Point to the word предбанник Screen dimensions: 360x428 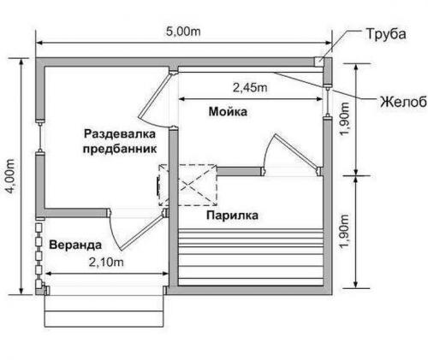coord(121,148)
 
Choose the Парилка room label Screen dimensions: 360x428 coord(231,216)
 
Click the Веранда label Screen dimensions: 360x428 coord(71,243)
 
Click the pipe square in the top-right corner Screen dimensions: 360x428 coord(320,62)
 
